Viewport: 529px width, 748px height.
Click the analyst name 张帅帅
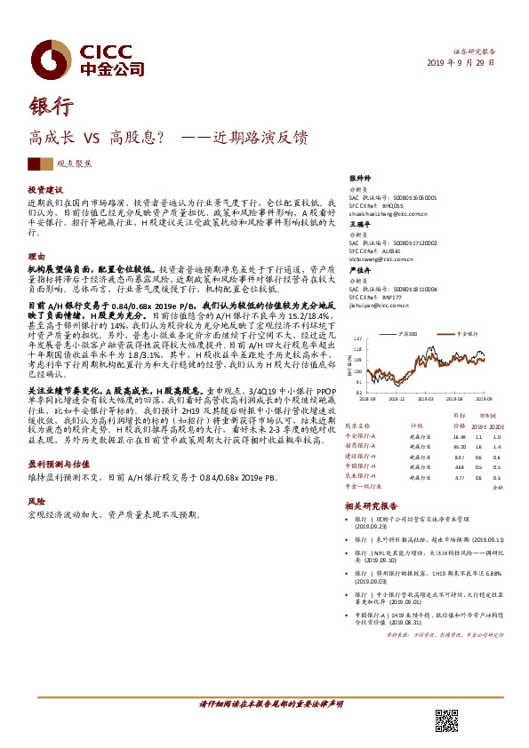click(x=359, y=178)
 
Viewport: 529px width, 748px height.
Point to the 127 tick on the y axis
click(x=357, y=338)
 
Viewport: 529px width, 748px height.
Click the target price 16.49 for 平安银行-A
click(x=459, y=437)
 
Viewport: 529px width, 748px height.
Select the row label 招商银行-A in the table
click(x=360, y=446)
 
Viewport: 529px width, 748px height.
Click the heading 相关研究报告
click(x=371, y=504)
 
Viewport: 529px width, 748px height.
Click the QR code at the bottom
click(x=446, y=720)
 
